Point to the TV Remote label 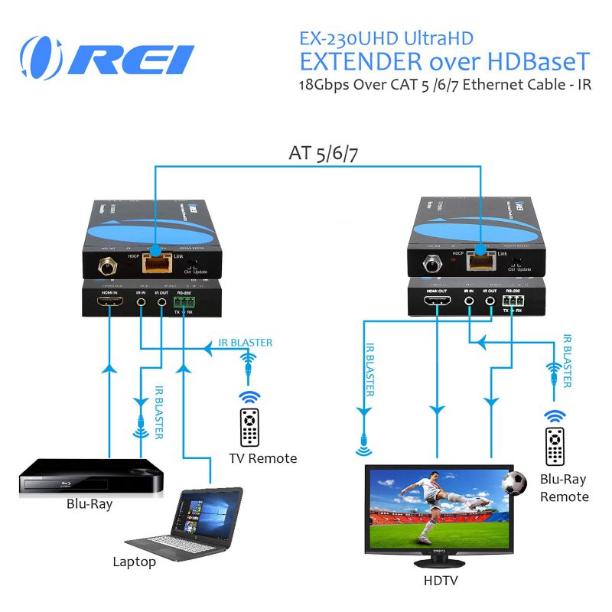point(262,458)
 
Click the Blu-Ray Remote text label point(564,488)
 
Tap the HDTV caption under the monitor point(440,581)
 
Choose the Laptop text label point(135,562)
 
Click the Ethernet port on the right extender point(479,262)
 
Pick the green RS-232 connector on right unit point(510,301)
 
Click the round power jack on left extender point(103,267)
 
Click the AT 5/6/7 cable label point(324,152)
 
